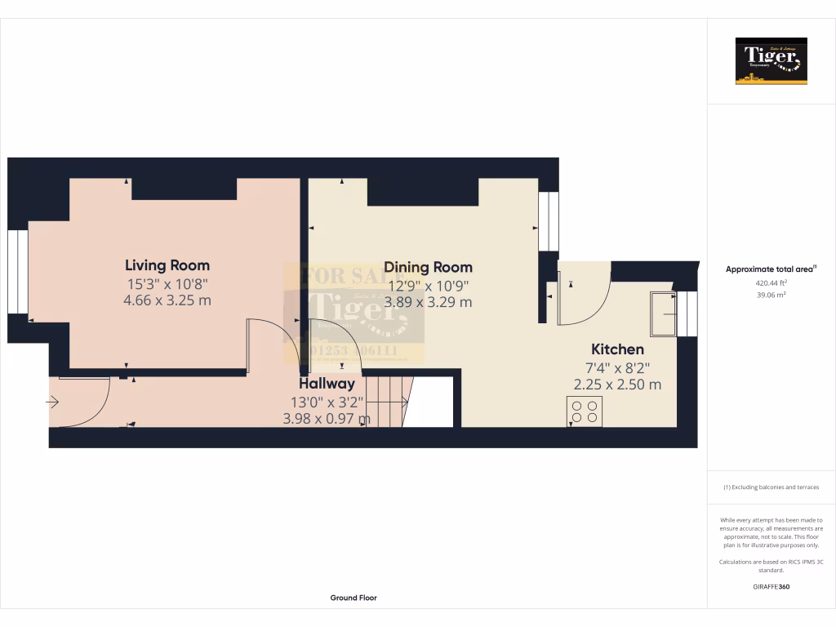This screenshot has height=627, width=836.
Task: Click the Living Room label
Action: pyautogui.click(x=167, y=265)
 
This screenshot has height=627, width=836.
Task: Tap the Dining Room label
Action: pyautogui.click(x=428, y=267)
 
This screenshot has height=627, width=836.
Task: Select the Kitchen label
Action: pyautogui.click(x=617, y=349)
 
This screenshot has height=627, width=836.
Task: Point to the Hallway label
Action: pyautogui.click(x=327, y=383)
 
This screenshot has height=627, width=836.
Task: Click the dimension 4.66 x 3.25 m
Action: pyautogui.click(x=167, y=300)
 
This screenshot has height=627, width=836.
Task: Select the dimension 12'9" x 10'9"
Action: pyautogui.click(x=428, y=285)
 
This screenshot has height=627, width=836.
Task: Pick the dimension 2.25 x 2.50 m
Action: pyautogui.click(x=617, y=385)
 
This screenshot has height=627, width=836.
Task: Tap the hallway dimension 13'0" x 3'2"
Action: pyautogui.click(x=327, y=402)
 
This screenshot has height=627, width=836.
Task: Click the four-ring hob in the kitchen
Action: pyautogui.click(x=585, y=411)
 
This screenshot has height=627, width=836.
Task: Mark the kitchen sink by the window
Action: pyautogui.click(x=663, y=313)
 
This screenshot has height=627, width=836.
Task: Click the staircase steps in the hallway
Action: pyautogui.click(x=388, y=401)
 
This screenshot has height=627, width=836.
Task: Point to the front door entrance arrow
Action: pyautogui.click(x=53, y=402)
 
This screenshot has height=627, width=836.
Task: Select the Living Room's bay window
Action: pyautogui.click(x=17, y=272)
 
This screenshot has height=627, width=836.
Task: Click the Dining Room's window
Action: pyautogui.click(x=549, y=222)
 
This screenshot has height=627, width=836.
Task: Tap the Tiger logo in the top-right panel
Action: pyautogui.click(x=771, y=61)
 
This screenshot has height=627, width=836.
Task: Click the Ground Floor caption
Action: pyautogui.click(x=354, y=598)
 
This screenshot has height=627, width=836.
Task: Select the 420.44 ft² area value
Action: pyautogui.click(x=771, y=283)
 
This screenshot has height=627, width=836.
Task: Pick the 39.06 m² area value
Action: pyautogui.click(x=771, y=295)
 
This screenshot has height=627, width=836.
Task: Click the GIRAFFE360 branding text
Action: pyautogui.click(x=771, y=586)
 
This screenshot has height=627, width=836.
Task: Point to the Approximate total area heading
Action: pyautogui.click(x=771, y=269)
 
